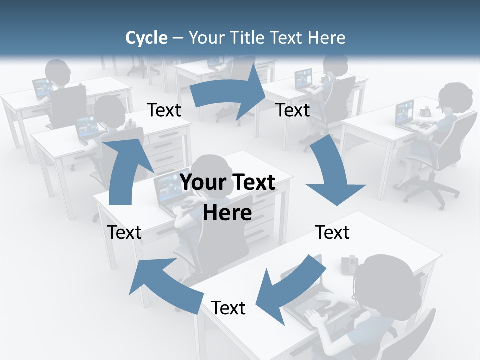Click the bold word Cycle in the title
[146, 38]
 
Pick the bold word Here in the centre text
[227, 213]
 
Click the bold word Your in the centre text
[201, 182]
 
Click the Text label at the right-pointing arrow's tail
[164, 110]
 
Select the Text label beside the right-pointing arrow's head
[293, 110]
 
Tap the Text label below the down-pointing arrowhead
[332, 232]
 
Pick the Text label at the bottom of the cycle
[228, 308]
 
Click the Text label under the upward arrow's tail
[124, 232]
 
